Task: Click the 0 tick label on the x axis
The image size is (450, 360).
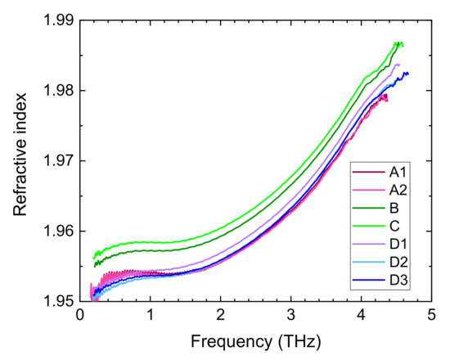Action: [80, 316]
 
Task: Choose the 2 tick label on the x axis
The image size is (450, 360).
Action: [221, 316]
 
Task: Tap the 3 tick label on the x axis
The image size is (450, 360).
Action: [291, 316]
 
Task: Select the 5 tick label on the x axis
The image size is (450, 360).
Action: [431, 316]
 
